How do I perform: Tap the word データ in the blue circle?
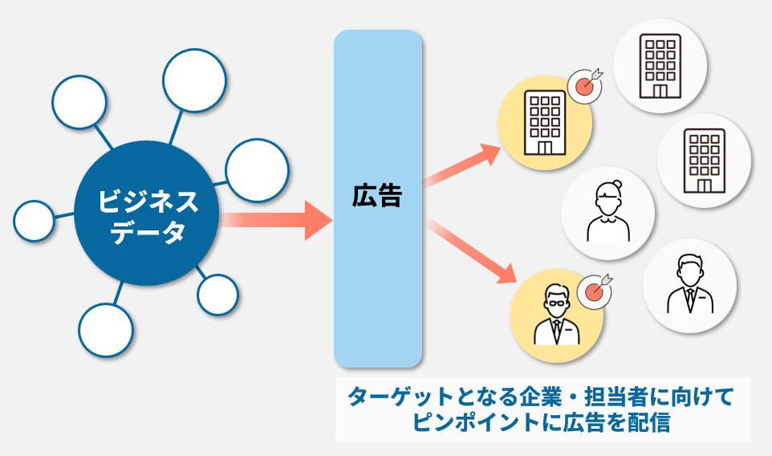click(147, 233)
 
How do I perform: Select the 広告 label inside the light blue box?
click(377, 196)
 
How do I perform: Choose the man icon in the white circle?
click(689, 285)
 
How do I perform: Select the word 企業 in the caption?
click(544, 397)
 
